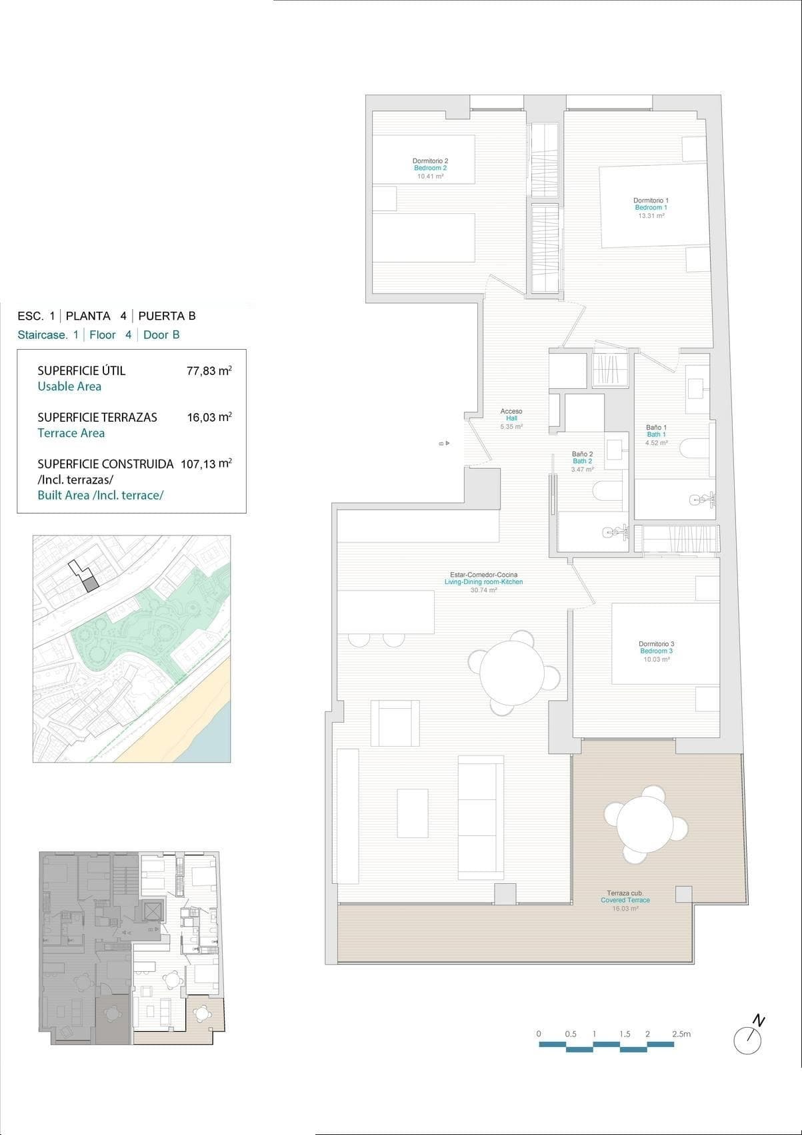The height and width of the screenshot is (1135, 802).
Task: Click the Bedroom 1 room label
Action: (x=651, y=208)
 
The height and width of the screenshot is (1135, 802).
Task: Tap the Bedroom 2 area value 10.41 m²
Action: (x=430, y=177)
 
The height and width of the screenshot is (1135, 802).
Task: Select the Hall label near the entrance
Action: (x=511, y=418)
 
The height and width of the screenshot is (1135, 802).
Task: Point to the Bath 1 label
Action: (x=656, y=434)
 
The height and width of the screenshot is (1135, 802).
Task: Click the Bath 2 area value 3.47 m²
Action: (x=582, y=469)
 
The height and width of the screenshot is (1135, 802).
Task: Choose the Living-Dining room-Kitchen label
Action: (x=483, y=582)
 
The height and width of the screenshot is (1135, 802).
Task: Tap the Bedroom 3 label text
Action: (x=656, y=651)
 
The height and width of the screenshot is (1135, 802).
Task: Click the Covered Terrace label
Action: (x=625, y=900)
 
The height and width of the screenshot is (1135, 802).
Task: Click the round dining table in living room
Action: (x=512, y=670)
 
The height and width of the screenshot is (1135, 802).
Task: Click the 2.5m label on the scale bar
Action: (x=681, y=1034)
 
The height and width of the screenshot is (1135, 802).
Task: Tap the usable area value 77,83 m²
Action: (x=209, y=371)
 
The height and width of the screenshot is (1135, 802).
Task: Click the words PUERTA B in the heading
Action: (x=167, y=316)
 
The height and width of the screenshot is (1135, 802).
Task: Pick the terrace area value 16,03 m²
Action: (x=209, y=417)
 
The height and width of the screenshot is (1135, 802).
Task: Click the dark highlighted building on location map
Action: (x=90, y=584)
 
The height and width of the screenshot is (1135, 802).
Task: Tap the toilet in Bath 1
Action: (x=695, y=448)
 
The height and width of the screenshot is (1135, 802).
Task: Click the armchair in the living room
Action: (x=395, y=723)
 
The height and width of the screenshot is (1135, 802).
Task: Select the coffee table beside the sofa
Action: (x=412, y=813)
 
